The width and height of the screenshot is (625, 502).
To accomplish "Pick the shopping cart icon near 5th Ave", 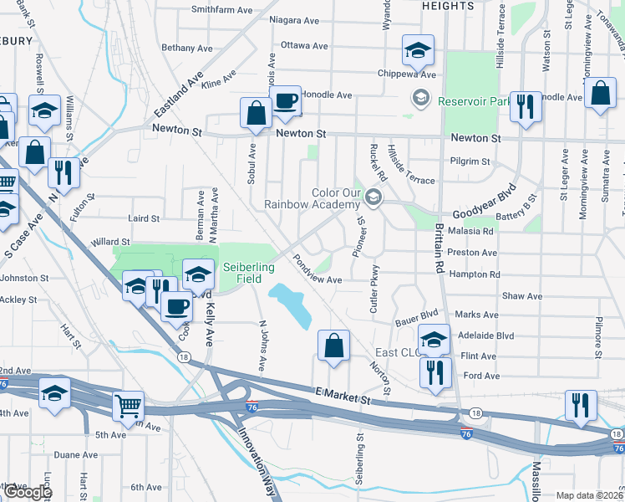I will tap(128, 407).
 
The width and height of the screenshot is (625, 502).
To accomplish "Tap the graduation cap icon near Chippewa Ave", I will tap(417, 52).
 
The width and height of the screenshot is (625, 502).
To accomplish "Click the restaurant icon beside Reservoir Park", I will tap(526, 107).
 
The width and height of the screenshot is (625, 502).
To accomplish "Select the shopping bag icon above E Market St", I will tap(333, 345).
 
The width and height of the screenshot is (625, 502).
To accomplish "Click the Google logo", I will tap(27, 491).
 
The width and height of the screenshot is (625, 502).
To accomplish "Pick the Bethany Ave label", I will tap(188, 48).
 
